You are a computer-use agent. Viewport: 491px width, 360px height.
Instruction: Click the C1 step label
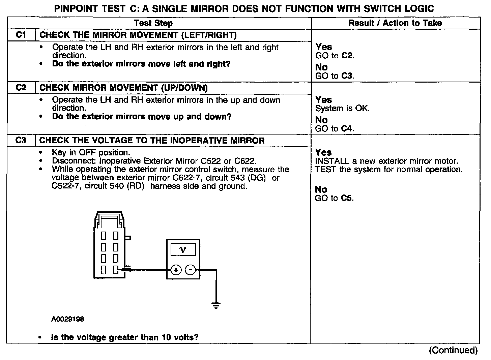[x=21, y=35]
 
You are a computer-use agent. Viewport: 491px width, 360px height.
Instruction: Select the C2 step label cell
[x=21, y=88]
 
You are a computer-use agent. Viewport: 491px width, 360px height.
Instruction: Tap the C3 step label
[x=21, y=141]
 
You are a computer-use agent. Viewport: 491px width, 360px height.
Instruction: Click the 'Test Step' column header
[x=153, y=23]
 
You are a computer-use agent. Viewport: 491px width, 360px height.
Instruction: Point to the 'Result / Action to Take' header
[x=395, y=23]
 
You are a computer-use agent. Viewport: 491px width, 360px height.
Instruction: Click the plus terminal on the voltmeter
[x=176, y=270]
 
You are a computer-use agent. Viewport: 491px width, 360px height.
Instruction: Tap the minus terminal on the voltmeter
[x=191, y=270]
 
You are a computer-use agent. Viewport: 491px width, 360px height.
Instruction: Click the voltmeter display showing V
[x=183, y=250]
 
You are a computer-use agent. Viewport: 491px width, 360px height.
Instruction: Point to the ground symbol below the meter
[x=216, y=306]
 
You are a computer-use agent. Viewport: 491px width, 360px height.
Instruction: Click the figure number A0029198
[x=68, y=319]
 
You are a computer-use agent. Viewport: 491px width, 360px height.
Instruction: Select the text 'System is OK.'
[x=342, y=109]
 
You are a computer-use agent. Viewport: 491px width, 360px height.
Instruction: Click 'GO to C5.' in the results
[x=334, y=198]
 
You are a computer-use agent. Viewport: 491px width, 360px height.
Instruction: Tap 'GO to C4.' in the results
[x=335, y=129]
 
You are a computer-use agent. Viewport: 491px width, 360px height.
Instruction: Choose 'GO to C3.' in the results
[x=335, y=76]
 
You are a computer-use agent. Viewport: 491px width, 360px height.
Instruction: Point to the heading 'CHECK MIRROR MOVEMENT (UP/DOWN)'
[x=123, y=88]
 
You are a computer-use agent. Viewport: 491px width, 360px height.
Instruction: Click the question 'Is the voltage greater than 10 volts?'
[x=125, y=337]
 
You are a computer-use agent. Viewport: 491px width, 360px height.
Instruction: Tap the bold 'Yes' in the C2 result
[x=324, y=100]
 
